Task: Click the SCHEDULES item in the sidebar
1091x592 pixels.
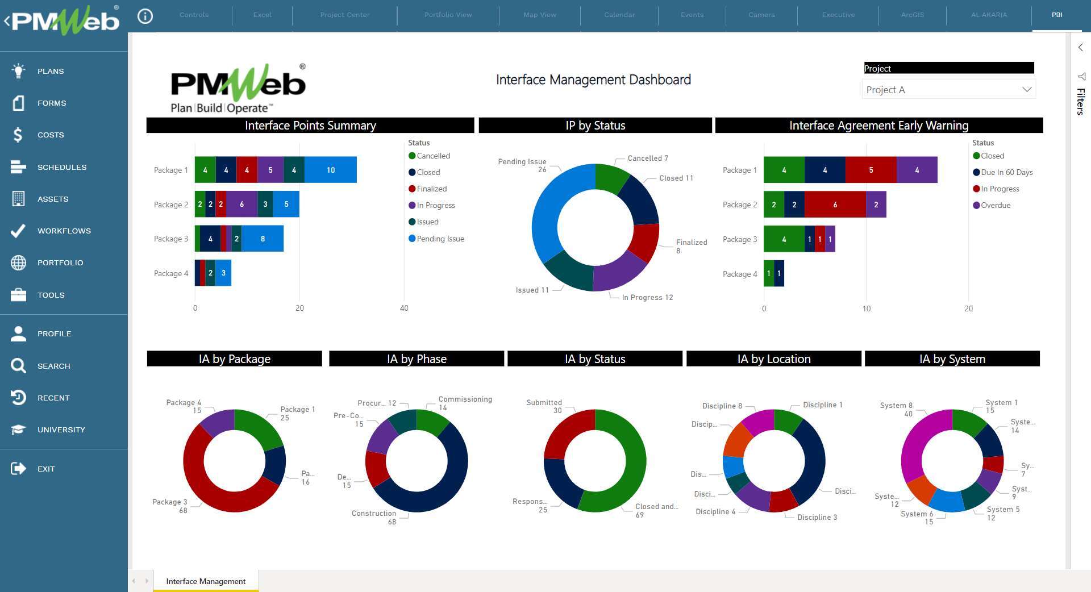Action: coord(61,167)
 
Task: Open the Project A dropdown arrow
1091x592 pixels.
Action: coord(1026,90)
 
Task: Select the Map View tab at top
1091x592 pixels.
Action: coord(539,15)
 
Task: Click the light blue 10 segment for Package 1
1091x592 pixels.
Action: coord(330,170)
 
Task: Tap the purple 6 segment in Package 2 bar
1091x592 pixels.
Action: coord(241,205)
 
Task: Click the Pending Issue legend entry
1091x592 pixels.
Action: coord(440,239)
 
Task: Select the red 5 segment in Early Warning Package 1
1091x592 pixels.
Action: coord(871,170)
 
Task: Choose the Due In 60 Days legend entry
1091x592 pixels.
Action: coord(1006,172)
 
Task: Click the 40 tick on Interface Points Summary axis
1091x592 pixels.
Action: coord(404,308)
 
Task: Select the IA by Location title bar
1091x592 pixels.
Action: coord(773,358)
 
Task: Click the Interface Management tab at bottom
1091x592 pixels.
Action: coord(206,581)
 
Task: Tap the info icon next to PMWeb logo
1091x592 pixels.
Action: coord(145,16)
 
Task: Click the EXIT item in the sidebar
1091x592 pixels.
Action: coord(45,469)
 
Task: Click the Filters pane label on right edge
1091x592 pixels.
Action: coord(1080,101)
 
